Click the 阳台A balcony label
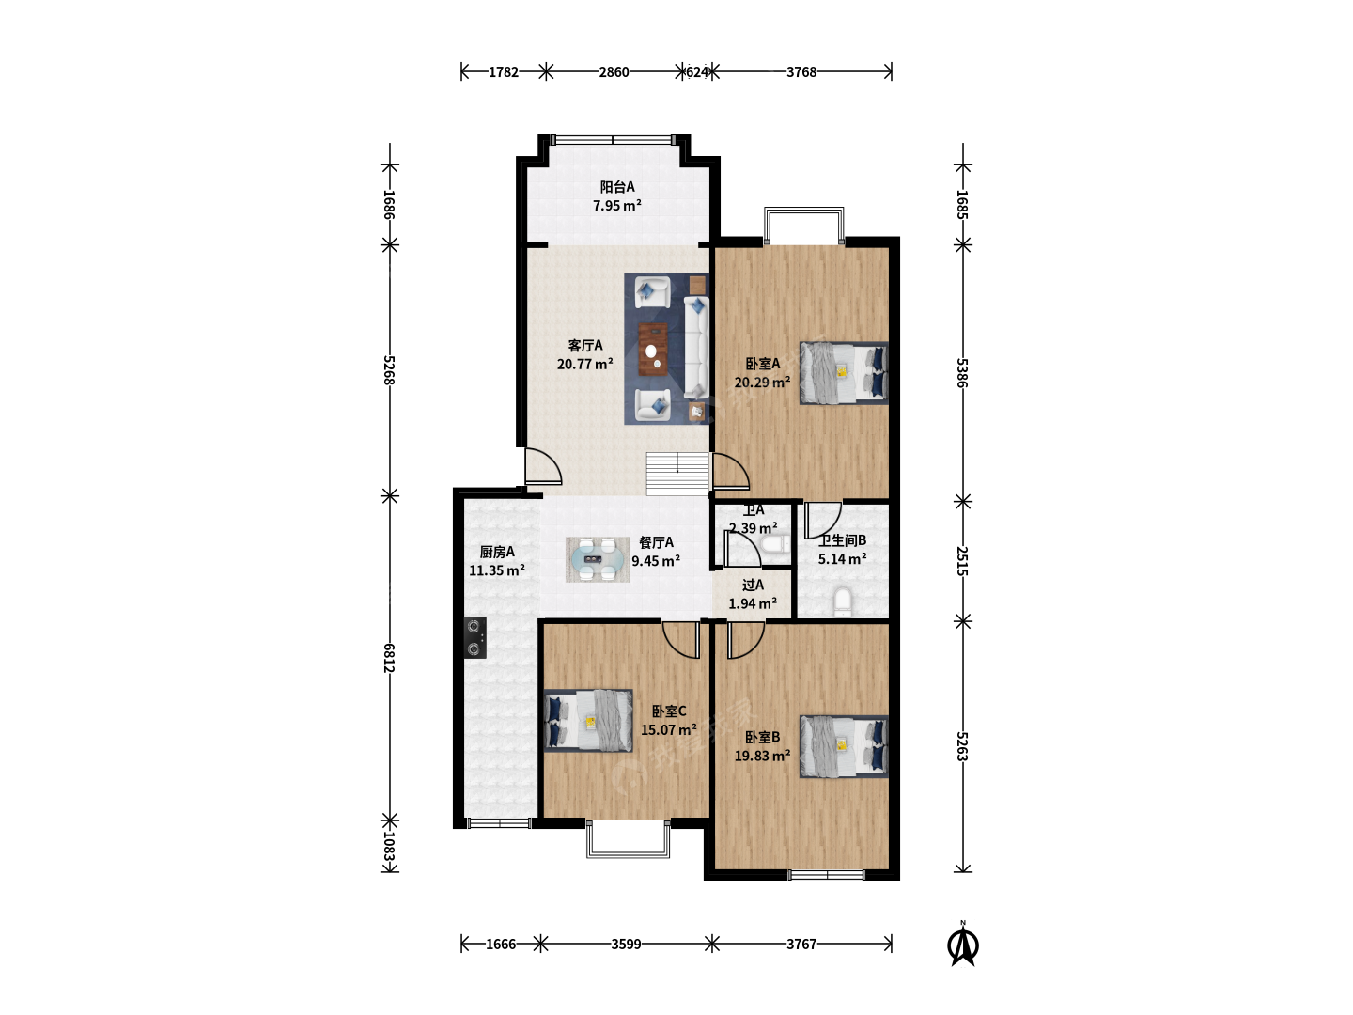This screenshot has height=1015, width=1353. click(617, 187)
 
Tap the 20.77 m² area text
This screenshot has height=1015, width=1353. click(585, 364)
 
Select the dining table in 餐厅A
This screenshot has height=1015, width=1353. click(597, 559)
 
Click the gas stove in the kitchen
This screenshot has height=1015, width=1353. click(474, 638)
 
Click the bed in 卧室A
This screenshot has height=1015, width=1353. click(844, 373)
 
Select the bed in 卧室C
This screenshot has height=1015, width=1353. click(589, 721)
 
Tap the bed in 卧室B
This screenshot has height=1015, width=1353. click(844, 746)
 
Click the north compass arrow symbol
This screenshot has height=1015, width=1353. click(963, 945)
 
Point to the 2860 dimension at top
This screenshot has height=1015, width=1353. click(614, 72)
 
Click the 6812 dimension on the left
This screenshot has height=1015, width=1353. click(389, 658)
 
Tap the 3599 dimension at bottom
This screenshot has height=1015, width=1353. click(627, 945)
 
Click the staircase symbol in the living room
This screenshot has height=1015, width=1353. click(677, 474)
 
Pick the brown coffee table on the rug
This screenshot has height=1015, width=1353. click(653, 350)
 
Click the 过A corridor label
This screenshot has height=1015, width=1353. click(753, 585)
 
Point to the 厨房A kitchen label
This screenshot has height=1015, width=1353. click(497, 552)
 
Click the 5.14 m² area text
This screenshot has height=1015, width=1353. click(842, 559)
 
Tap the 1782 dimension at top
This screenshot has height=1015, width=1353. click(504, 72)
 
